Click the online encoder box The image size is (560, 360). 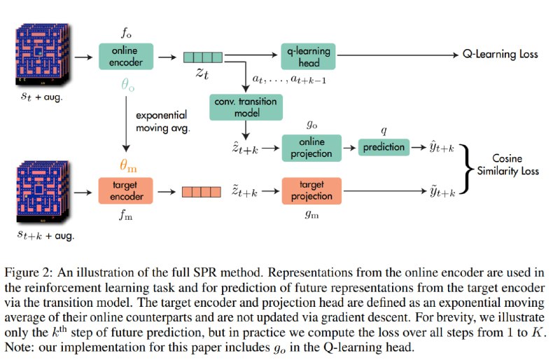point(126,57)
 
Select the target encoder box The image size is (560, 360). point(126,191)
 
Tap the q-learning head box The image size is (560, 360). point(308,57)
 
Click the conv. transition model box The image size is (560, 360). point(246,107)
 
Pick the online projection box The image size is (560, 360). point(311,148)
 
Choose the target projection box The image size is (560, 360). point(311,191)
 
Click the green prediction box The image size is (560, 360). point(384,147)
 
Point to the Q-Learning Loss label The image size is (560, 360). point(500,55)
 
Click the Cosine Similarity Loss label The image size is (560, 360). point(508,165)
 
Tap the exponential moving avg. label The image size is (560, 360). point(163,122)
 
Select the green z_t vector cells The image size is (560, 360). point(203,57)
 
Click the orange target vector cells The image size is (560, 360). point(202,192)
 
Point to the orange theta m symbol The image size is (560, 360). point(128,165)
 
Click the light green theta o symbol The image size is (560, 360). point(128,85)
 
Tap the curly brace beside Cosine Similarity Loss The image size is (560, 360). point(467,169)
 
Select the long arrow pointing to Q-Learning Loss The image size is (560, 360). point(398,55)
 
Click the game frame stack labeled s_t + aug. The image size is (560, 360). point(42,55)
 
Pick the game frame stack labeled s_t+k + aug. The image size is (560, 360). point(42,193)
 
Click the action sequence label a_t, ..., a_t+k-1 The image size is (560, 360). point(289,79)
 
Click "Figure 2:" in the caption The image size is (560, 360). point(29,273)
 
